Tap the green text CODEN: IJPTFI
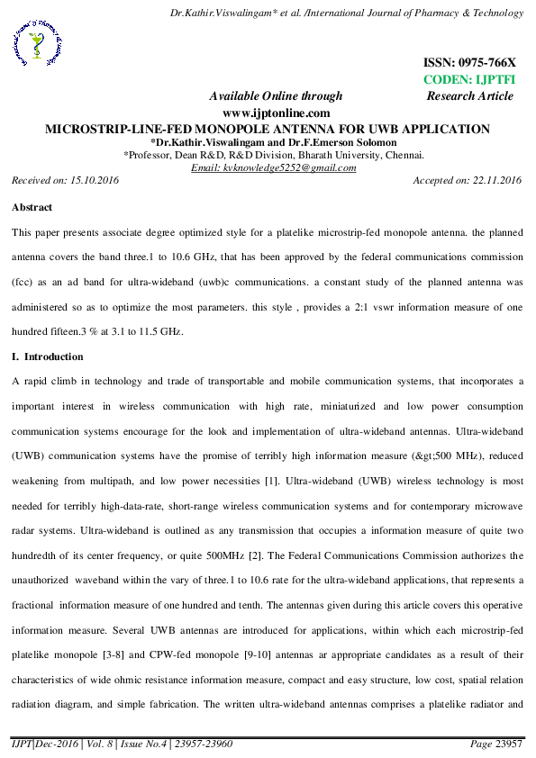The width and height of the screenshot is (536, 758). click(468, 79)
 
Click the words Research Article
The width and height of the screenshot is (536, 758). click(469, 95)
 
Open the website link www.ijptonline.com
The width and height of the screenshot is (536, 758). click(276, 113)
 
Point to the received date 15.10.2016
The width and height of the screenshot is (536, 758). click(93, 181)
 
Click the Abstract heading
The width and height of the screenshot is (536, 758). click(32, 207)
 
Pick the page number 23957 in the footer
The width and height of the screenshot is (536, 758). click(508, 745)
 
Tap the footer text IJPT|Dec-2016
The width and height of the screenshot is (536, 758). click(41, 745)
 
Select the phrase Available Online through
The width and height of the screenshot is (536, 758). click(276, 96)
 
